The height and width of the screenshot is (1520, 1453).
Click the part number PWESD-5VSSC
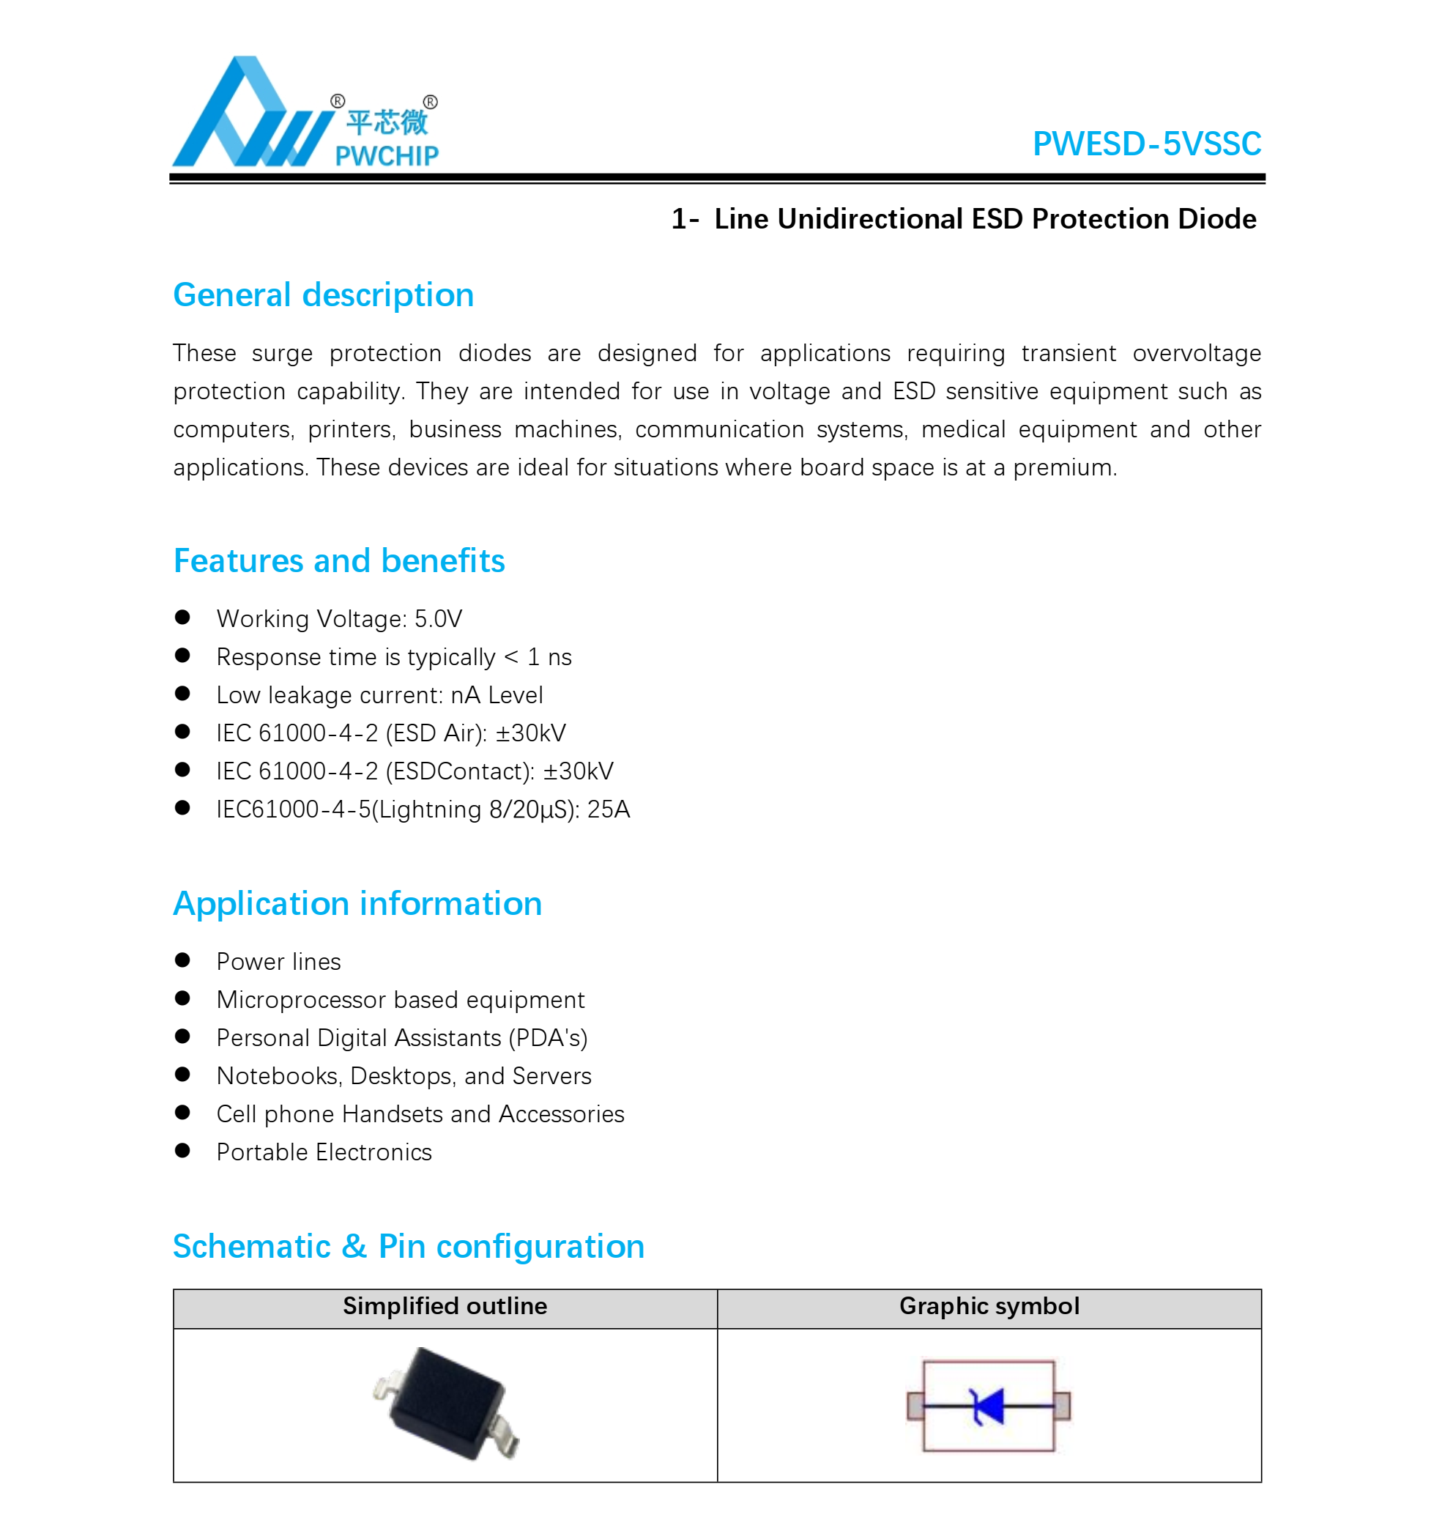[x=1146, y=144]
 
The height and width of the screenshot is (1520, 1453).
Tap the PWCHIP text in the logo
[x=387, y=157]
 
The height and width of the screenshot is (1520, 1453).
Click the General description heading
[x=323, y=295]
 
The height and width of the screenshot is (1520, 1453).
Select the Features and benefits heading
[x=338, y=561]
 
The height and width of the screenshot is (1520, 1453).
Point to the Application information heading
[x=357, y=903]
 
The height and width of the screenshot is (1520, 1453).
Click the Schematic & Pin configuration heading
[x=408, y=1247]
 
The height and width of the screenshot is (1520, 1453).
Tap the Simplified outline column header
[x=445, y=1306]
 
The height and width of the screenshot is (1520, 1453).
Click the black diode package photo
[x=447, y=1403]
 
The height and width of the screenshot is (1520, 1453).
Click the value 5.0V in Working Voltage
[x=438, y=619]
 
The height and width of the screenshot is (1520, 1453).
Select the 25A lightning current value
[x=608, y=809]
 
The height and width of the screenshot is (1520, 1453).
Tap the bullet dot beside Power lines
[x=183, y=960]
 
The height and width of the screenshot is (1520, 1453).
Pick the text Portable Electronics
[x=324, y=1153]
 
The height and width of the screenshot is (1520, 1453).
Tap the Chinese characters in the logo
[x=387, y=122]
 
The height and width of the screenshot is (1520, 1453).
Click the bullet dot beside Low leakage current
[x=183, y=694]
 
